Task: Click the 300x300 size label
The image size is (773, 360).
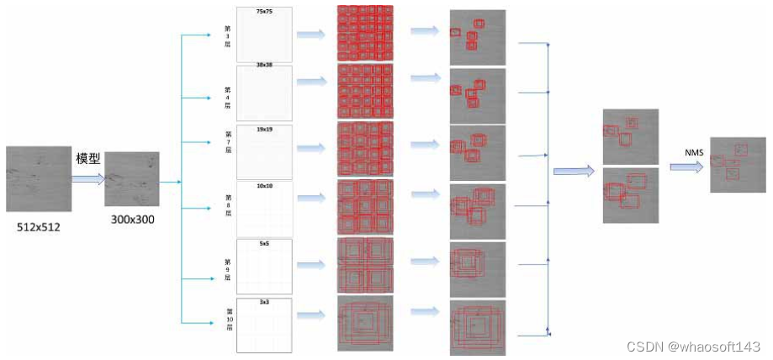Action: [x=131, y=220]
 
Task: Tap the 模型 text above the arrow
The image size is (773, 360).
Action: [x=88, y=158]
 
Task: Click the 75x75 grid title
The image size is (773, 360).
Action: [x=264, y=13]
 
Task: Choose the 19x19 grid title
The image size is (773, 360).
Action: [x=264, y=130]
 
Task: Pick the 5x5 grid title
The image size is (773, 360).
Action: [x=264, y=244]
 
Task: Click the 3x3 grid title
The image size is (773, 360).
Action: [x=264, y=301]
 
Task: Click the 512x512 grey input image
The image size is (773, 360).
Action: [x=38, y=178]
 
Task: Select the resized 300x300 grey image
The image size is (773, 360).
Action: [x=131, y=178]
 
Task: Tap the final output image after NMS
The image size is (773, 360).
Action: [x=738, y=165]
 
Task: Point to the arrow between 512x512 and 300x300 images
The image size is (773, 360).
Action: [x=88, y=177]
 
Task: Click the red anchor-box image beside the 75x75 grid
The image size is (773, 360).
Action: [x=365, y=34]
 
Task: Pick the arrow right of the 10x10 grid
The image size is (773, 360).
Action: [x=311, y=206]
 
